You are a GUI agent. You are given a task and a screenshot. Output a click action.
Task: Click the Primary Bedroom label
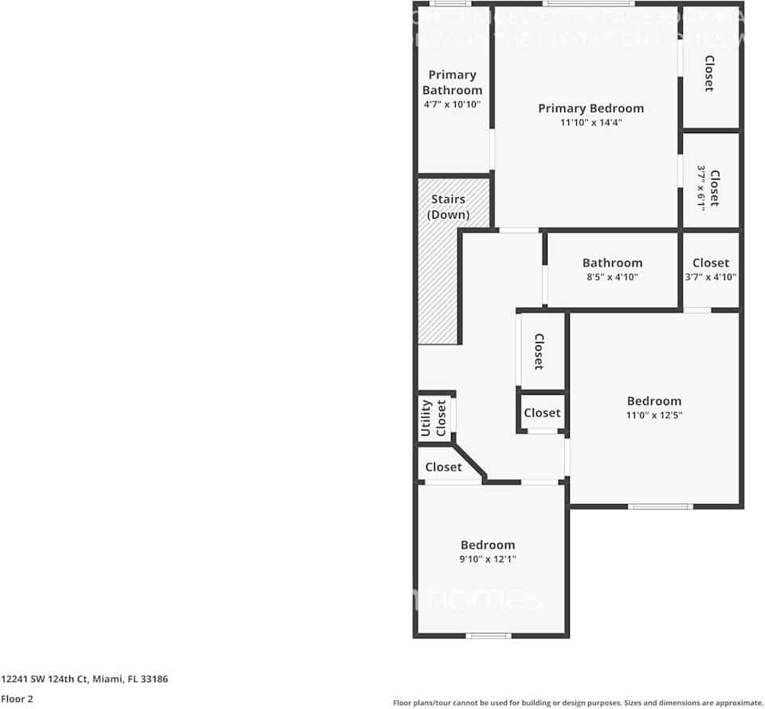590,108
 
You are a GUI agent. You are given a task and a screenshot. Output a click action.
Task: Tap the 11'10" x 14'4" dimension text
590,123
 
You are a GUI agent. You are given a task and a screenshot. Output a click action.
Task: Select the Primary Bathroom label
452,82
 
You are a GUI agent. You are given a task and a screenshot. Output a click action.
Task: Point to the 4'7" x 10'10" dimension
452,104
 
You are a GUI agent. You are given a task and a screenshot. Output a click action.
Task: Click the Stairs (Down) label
448,207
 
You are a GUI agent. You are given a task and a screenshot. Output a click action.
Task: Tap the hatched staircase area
437,287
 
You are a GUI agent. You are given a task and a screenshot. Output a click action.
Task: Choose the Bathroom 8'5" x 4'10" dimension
612,278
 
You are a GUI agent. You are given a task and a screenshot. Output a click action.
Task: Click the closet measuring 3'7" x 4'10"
710,270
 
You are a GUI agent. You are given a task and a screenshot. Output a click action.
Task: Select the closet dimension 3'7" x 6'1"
701,187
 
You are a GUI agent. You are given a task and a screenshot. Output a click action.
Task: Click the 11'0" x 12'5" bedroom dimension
654,416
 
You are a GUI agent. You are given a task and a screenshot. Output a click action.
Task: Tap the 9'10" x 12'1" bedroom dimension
488,560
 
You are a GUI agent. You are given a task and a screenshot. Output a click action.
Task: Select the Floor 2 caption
16,699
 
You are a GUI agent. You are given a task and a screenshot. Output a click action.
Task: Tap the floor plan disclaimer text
578,703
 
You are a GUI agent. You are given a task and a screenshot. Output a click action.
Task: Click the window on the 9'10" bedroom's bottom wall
488,636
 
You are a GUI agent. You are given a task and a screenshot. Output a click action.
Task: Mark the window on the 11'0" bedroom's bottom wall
660,506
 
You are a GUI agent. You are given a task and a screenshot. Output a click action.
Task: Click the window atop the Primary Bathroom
453,4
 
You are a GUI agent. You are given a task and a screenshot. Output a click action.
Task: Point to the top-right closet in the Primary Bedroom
708,73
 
